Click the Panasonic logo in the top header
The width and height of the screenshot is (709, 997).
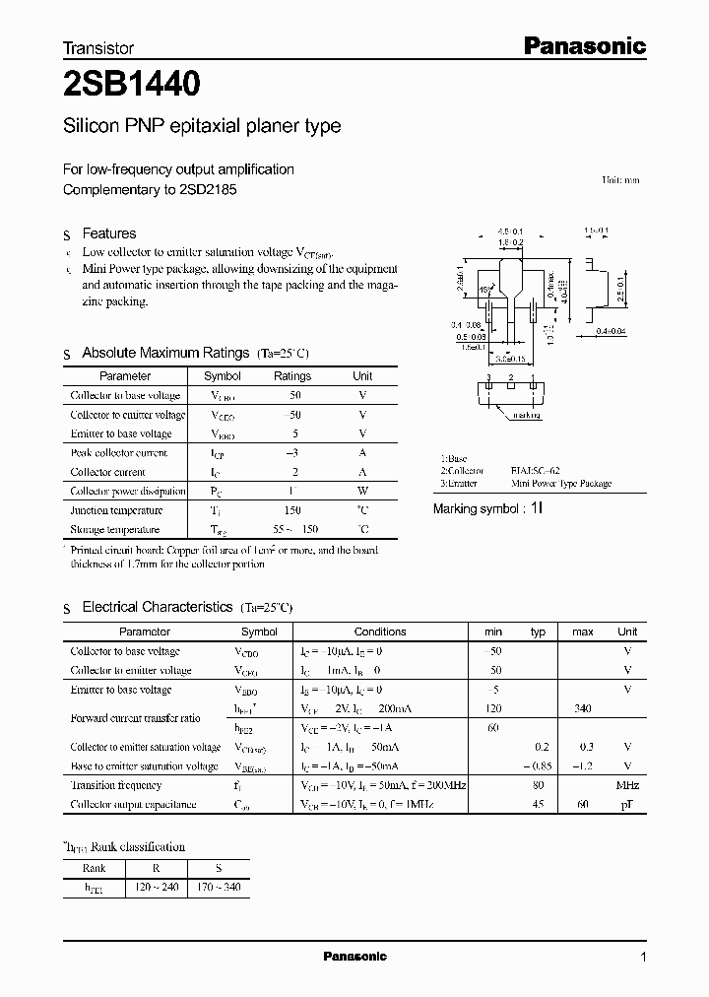pyautogui.click(x=582, y=45)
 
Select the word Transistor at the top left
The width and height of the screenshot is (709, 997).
pyautogui.click(x=97, y=47)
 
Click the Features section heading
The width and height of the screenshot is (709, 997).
pyautogui.click(x=108, y=233)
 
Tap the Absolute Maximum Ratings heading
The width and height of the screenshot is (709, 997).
pyautogui.click(x=165, y=353)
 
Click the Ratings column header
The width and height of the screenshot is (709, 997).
pyautogui.click(x=292, y=375)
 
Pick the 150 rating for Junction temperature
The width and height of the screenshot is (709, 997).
pyautogui.click(x=292, y=510)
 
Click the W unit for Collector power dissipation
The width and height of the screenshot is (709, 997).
pyautogui.click(x=362, y=491)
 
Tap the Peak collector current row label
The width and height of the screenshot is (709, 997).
pyautogui.click(x=119, y=453)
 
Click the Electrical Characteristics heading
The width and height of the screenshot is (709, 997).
pyautogui.click(x=157, y=608)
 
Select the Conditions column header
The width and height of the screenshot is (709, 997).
pyautogui.click(x=380, y=631)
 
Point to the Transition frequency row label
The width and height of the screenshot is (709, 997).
pyautogui.click(x=116, y=785)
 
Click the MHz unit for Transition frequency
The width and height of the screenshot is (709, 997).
pyautogui.click(x=627, y=785)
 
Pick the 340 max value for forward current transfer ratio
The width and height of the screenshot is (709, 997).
pyautogui.click(x=583, y=708)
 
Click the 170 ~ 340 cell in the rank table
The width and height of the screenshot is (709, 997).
pyautogui.click(x=219, y=888)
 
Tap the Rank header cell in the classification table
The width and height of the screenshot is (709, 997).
pyautogui.click(x=96, y=868)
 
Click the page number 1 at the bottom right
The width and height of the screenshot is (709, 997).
pyautogui.click(x=643, y=957)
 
